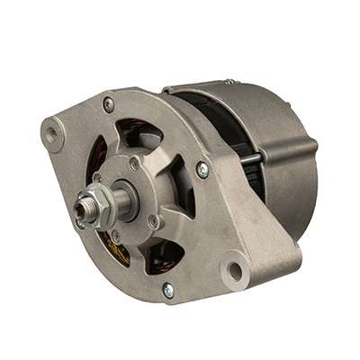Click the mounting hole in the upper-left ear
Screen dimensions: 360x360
[x=52, y=135]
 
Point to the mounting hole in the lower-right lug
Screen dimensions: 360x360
[x=236, y=269]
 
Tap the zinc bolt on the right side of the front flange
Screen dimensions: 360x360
[x=202, y=168]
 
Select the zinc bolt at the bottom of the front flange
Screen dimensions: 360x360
[x=167, y=289]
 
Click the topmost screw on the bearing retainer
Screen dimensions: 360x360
[x=134, y=164]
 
